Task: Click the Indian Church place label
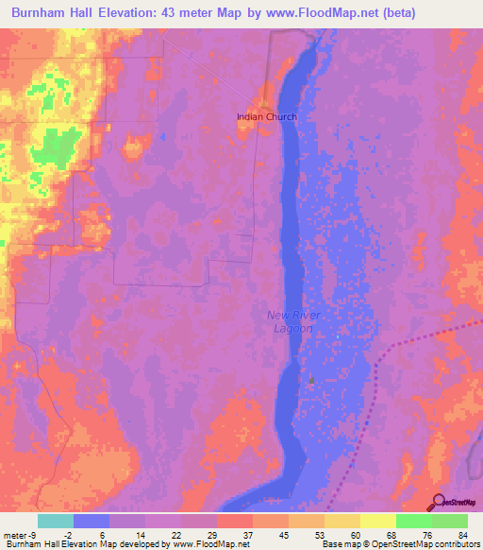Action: pyautogui.click(x=267, y=117)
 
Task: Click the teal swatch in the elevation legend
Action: pyautogui.click(x=56, y=521)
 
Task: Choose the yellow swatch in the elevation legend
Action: pyautogui.click(x=378, y=521)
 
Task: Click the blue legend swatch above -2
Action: pyautogui.click(x=92, y=521)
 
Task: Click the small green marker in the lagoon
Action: pyautogui.click(x=311, y=380)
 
